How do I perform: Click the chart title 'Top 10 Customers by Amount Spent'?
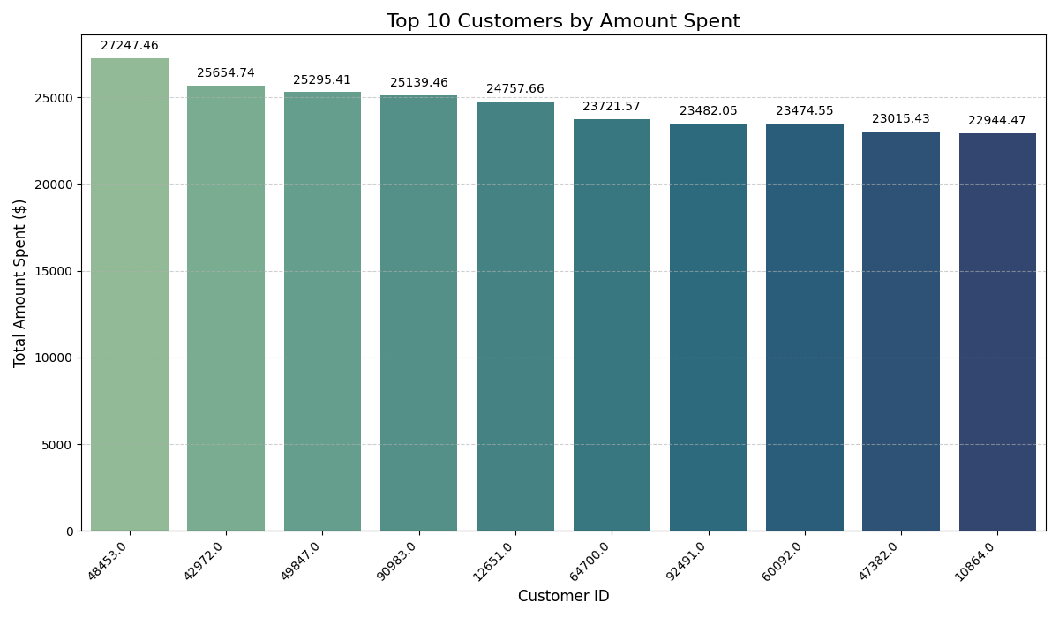tap(563, 21)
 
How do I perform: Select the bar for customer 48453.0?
tap(130, 295)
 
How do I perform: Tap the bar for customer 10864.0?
tap(997, 332)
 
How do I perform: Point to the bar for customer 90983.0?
tap(419, 313)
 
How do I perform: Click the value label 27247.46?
tap(130, 46)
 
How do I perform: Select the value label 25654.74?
tap(226, 73)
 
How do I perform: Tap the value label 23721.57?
tap(612, 107)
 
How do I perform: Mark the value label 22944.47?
tap(997, 121)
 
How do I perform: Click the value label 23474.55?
tap(804, 111)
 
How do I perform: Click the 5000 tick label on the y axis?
tap(58, 445)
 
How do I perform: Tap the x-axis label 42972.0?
tap(205, 561)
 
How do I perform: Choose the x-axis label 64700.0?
tap(590, 561)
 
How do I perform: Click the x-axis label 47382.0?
tap(880, 561)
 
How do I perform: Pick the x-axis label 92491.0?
tap(687, 561)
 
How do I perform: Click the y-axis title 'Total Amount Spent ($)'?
tap(20, 283)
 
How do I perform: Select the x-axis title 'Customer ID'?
tap(563, 597)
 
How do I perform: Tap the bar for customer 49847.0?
tap(322, 312)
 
